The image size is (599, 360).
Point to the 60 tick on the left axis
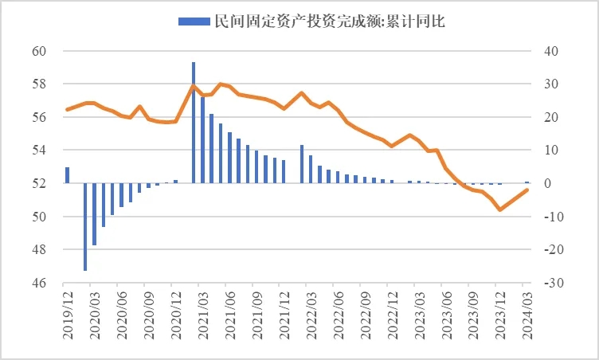click(41, 51)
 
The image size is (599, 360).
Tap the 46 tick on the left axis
click(41, 283)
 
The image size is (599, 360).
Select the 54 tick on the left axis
click(41, 151)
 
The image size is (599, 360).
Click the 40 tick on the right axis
click(552, 51)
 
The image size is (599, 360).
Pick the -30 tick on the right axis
click(554, 283)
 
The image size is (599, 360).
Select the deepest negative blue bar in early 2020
click(85, 227)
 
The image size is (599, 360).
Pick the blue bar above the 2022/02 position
click(301, 164)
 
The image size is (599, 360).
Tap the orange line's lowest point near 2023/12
click(499, 209)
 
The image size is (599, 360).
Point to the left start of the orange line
click(67, 109)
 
